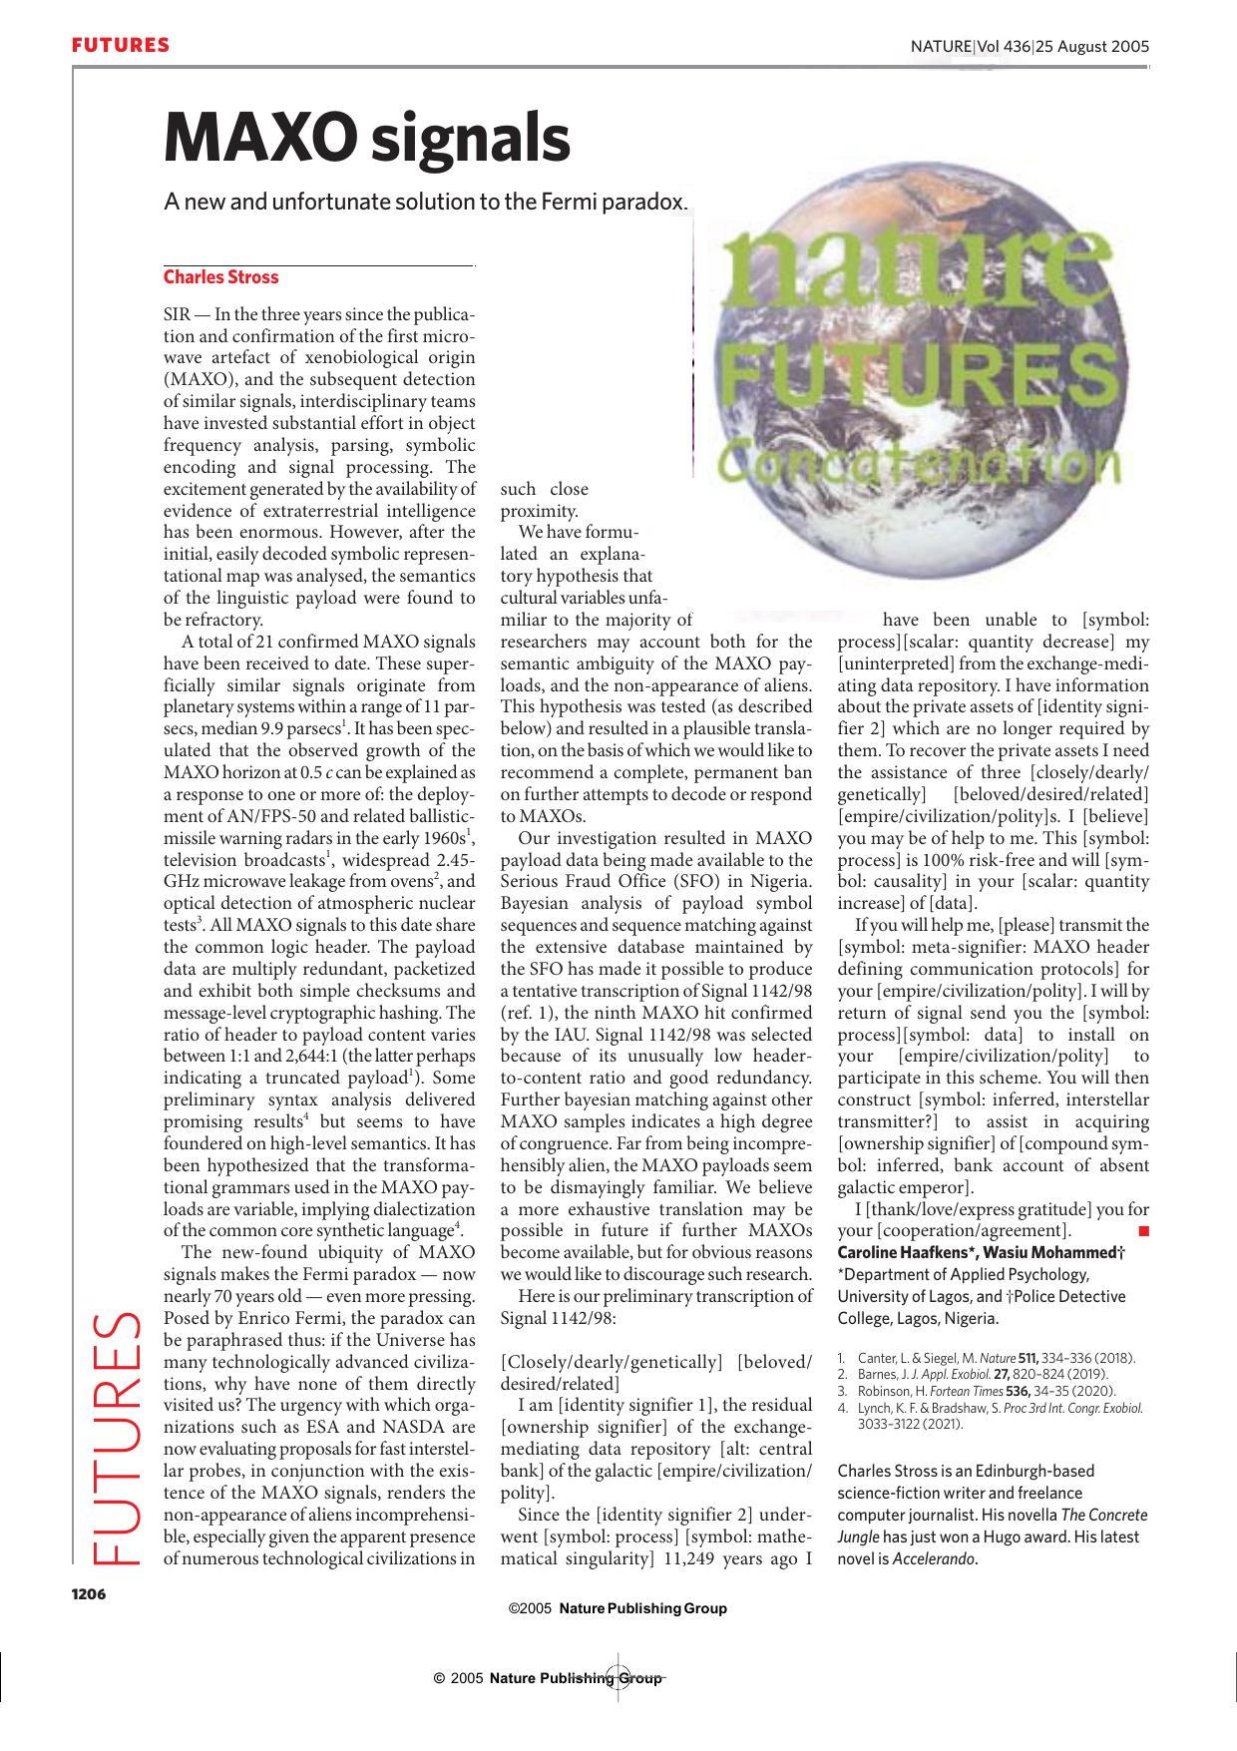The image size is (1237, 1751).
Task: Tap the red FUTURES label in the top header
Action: (120, 46)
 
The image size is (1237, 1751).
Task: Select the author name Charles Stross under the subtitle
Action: (220, 277)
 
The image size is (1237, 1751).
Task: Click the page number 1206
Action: (88, 1593)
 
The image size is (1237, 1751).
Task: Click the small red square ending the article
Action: (1143, 1230)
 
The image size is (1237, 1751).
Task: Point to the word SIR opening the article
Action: (178, 313)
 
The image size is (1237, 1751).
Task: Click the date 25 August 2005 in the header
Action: (1093, 46)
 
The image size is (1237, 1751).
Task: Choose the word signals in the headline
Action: (470, 139)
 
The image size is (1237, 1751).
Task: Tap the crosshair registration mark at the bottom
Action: (616, 1678)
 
